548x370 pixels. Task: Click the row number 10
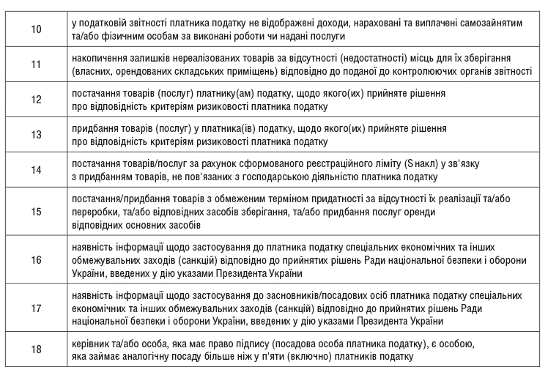pos(36,30)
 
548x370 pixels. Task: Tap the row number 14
pos(36,169)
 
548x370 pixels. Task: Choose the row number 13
pos(36,135)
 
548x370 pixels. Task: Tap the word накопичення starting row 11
pos(102,58)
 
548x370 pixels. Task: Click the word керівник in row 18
pos(92,344)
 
